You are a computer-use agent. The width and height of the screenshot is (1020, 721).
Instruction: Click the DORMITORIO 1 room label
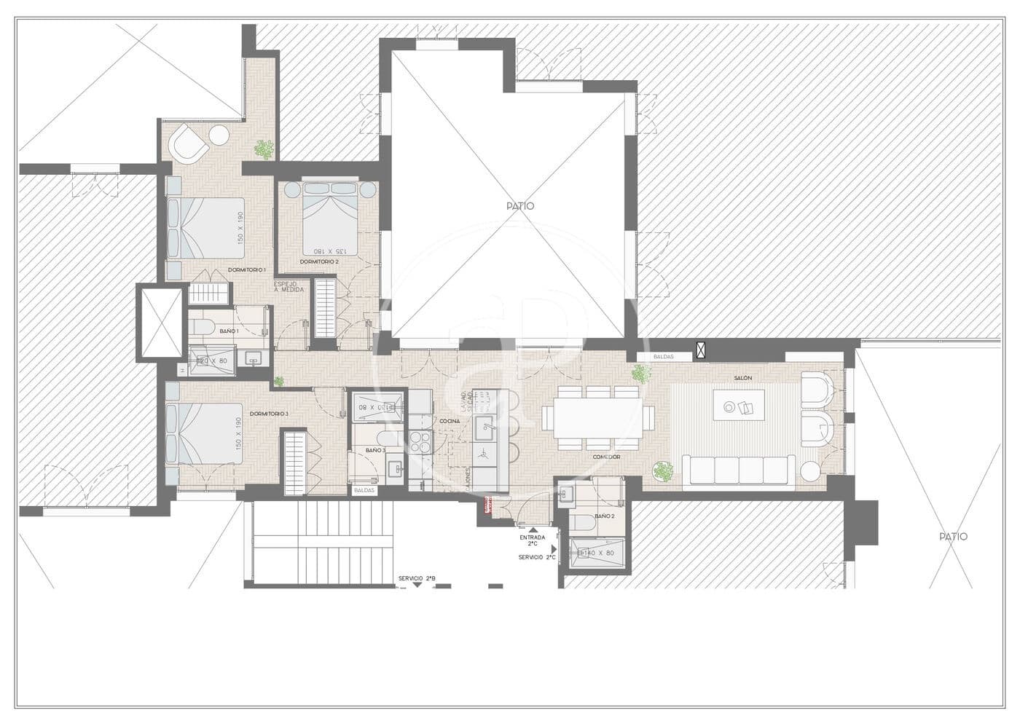pos(246,270)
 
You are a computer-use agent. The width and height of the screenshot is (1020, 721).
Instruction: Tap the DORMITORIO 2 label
pos(319,261)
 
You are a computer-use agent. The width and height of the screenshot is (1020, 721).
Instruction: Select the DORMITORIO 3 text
pos(269,414)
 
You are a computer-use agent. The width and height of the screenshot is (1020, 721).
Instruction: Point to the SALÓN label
pos(743,378)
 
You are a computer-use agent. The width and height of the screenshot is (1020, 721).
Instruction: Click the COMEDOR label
pos(606,457)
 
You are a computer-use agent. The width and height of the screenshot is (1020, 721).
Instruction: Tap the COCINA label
pos(450,422)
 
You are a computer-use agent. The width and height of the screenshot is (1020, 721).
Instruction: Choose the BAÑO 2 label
pos(604,516)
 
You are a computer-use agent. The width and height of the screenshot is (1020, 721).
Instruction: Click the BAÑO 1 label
pos(229,331)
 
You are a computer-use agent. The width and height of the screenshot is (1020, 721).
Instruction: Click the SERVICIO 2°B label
pos(417,579)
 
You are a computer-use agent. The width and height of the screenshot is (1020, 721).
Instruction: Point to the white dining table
pos(597,421)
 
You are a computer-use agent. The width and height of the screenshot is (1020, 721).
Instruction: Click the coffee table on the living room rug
pos(739,406)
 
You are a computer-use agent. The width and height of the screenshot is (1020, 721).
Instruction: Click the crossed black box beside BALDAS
pos(701,350)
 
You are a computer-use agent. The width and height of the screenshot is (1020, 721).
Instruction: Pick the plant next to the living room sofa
pos(664,471)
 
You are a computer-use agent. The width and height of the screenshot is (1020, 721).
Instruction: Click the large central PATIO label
pos(520,206)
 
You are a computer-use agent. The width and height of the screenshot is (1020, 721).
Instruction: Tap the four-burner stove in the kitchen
pos(420,442)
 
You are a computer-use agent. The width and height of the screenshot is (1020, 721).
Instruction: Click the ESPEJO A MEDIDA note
pos(289,286)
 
